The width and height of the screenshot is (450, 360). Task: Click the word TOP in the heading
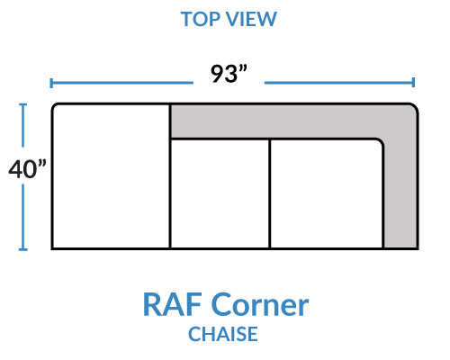tap(200, 19)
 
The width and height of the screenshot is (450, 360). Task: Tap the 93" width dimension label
tap(229, 74)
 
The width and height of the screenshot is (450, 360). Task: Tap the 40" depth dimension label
tap(27, 169)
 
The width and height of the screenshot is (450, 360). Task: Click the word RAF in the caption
tap(172, 304)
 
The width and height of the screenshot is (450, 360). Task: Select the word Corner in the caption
tap(260, 304)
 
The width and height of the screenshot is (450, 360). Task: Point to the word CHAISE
tap(223, 334)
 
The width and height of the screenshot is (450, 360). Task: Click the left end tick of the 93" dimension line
tap(51, 83)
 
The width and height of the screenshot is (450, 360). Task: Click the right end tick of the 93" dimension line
tap(413, 82)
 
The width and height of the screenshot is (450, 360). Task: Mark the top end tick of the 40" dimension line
tap(22, 104)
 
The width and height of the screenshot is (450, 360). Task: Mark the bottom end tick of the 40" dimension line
tap(22, 249)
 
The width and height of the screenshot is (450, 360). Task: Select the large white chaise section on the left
tap(111, 176)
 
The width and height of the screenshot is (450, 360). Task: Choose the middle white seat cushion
tap(220, 193)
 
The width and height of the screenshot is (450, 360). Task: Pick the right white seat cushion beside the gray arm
tap(327, 193)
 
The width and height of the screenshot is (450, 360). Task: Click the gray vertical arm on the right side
tap(400, 186)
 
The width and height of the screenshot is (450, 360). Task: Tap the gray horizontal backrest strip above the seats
tap(276, 121)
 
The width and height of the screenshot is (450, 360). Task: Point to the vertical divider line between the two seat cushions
tap(270, 193)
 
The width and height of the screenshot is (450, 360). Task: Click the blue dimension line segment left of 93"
tap(121, 83)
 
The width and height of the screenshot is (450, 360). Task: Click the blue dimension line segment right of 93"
tap(339, 82)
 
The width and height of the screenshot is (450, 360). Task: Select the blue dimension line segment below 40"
tap(22, 217)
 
